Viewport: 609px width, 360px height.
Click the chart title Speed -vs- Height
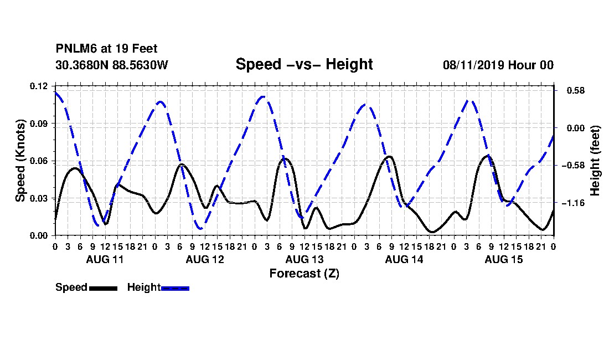(x=304, y=64)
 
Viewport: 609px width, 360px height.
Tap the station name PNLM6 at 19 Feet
(x=106, y=49)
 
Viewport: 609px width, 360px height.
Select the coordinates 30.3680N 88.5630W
(x=111, y=65)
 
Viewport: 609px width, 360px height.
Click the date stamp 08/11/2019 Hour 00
(x=498, y=65)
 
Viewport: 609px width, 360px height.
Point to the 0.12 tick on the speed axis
(x=39, y=86)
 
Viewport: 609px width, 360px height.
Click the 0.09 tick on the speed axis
(x=39, y=124)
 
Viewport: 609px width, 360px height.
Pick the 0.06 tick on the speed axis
(x=39, y=161)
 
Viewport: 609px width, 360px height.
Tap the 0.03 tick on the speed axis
(x=39, y=198)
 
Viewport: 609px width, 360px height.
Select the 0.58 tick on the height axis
(x=576, y=90)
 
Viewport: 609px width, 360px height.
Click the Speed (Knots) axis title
(x=20, y=161)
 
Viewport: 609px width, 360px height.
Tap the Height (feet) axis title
(x=595, y=161)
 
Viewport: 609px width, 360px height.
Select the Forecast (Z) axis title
(x=304, y=274)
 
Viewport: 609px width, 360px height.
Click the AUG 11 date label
(x=105, y=259)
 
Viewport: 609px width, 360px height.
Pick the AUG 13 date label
(x=304, y=259)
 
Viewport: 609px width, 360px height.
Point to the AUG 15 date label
(x=504, y=259)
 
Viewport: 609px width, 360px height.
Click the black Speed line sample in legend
(x=103, y=288)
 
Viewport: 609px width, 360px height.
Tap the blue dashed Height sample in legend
(x=175, y=288)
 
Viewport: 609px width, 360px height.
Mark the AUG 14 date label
(x=404, y=259)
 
